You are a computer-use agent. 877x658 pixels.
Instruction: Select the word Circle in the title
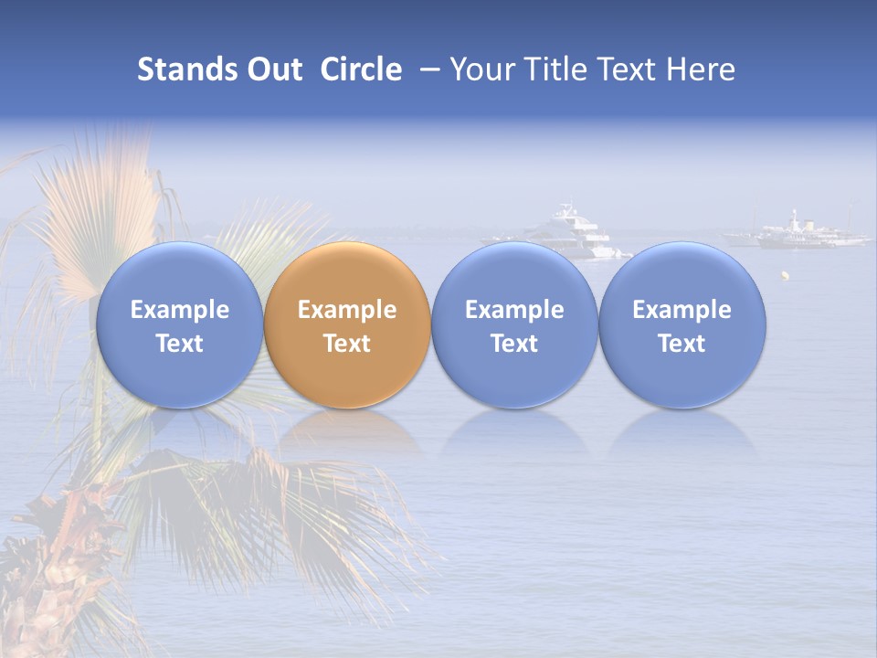(361, 69)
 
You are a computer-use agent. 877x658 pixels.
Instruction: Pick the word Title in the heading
(556, 69)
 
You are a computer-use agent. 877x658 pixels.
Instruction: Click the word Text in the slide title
(628, 69)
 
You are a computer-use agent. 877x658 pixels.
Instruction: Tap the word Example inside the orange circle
(347, 310)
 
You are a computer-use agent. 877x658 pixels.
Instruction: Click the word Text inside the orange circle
(347, 344)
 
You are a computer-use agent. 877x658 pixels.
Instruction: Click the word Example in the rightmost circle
(682, 310)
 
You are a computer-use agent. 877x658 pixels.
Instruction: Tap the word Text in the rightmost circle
(682, 344)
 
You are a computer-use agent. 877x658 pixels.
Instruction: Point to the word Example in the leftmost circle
(179, 310)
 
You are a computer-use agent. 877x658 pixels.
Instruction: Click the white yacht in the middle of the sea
(571, 231)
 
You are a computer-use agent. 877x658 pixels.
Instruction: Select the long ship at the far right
(799, 234)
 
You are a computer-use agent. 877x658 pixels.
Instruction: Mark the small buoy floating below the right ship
(783, 273)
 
